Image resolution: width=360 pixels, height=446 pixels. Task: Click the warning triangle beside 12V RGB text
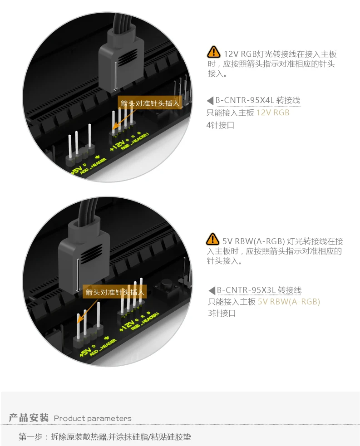[213, 52]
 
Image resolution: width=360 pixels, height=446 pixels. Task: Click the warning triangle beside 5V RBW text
[212, 239]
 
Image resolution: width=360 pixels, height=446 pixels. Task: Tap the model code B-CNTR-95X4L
[244, 100]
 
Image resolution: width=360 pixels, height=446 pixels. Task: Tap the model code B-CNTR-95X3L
[246, 290]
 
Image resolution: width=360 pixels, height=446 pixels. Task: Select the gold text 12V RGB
[273, 113]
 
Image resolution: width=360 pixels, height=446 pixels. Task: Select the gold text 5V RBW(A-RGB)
[289, 302]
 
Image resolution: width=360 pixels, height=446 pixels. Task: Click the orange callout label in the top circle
[150, 103]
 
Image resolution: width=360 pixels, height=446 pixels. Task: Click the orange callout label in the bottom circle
[115, 292]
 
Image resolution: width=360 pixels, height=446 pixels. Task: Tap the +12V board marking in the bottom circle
[127, 325]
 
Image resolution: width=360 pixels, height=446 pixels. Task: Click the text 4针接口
[220, 125]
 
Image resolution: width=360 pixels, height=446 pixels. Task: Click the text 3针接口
[222, 314]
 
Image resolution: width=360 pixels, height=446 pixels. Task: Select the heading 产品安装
[29, 417]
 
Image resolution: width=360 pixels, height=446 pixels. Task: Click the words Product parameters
[93, 418]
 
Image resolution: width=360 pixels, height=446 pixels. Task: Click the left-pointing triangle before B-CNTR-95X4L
[210, 101]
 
